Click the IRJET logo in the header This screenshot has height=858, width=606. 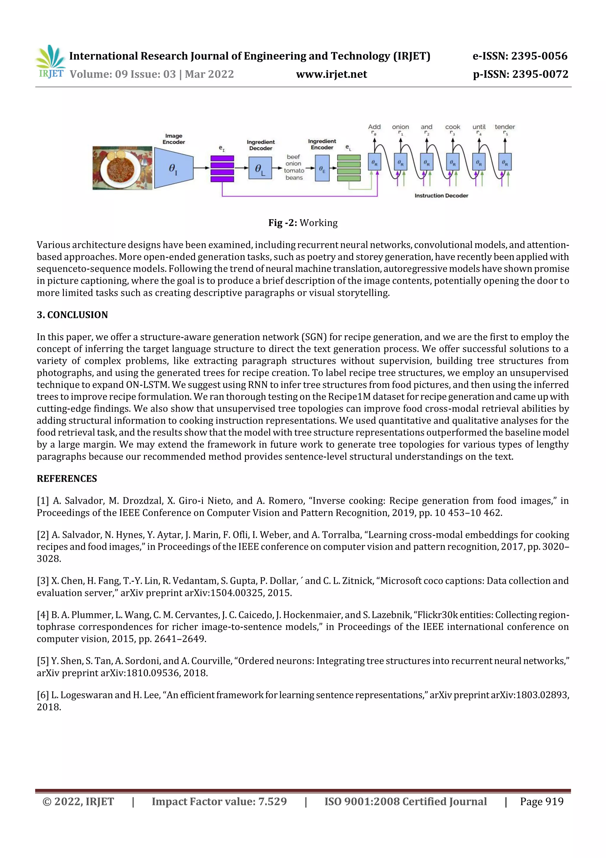click(x=50, y=62)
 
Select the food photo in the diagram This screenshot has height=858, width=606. click(x=122, y=168)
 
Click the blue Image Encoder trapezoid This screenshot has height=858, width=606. click(x=174, y=168)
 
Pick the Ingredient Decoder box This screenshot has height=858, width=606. click(x=260, y=168)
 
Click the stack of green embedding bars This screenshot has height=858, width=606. click(x=349, y=168)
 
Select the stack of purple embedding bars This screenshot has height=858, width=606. click(x=222, y=169)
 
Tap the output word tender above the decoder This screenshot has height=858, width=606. click(x=505, y=127)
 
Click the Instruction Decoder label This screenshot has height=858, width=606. click(x=441, y=195)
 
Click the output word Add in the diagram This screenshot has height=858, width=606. click(x=374, y=127)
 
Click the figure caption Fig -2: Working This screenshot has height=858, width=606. click(x=303, y=223)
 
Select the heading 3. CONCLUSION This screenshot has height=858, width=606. click(x=72, y=315)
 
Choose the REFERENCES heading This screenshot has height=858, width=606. click(x=67, y=479)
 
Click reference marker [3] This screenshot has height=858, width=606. click(x=43, y=581)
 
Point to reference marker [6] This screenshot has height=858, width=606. click(x=43, y=695)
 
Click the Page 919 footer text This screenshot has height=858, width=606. click(x=541, y=801)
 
